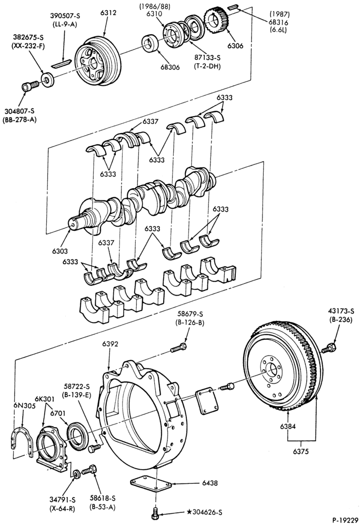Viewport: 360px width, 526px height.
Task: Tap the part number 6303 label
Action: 59,251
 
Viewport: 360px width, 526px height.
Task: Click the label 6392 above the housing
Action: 111,344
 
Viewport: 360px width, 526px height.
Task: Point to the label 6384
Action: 288,427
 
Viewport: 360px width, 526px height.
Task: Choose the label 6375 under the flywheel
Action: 301,451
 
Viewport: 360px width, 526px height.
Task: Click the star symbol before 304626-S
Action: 189,512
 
